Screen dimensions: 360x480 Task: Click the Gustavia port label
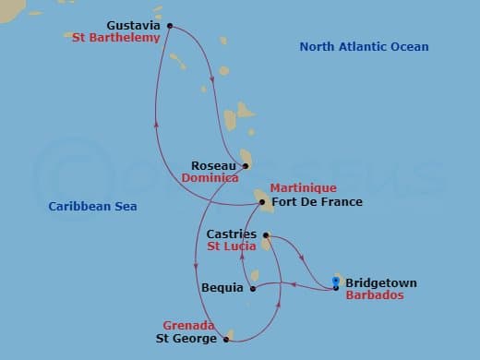tap(133, 25)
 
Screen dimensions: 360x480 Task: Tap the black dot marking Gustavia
tap(169, 26)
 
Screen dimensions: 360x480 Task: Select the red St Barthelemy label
tap(116, 38)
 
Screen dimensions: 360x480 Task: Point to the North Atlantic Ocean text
tap(365, 47)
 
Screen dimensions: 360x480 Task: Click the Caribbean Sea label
tap(92, 207)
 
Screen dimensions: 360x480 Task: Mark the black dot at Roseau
tap(245, 166)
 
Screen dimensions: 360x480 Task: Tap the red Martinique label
tap(297, 187)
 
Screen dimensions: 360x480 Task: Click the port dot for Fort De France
tap(262, 202)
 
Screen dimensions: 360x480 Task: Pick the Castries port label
tap(232, 234)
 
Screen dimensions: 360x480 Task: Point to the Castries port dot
tap(266, 235)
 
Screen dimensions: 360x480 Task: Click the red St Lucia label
tap(231, 247)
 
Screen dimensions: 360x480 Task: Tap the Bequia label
tap(222, 287)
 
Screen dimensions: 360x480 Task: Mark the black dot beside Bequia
tap(253, 288)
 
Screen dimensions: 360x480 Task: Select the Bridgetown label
tap(381, 282)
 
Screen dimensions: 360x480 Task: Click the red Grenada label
tap(188, 326)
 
